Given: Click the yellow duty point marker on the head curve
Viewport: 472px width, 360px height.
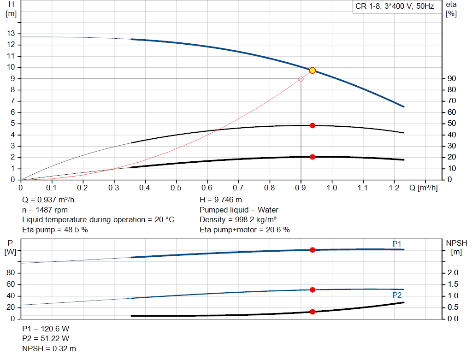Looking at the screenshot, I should [x=313, y=70].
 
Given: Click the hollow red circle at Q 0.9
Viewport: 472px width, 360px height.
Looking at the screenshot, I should [x=301, y=79].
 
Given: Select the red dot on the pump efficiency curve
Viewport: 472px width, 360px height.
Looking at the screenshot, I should [x=313, y=125].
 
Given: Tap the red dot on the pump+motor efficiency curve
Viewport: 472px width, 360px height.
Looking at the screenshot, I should [x=313, y=157].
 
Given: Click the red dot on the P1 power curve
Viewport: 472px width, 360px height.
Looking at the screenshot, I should [x=313, y=250].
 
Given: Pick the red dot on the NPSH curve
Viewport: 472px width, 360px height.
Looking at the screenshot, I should [x=313, y=312].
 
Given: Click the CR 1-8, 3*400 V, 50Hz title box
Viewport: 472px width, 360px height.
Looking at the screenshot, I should [x=395, y=7].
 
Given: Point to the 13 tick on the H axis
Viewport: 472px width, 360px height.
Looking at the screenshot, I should [x=11, y=34].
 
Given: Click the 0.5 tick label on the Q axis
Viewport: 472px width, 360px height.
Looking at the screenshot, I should [x=176, y=188].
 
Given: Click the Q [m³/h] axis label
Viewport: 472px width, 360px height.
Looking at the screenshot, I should [x=423, y=188].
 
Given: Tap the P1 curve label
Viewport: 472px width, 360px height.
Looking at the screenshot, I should [x=396, y=243].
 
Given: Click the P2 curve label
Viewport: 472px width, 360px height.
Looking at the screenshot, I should [x=396, y=295].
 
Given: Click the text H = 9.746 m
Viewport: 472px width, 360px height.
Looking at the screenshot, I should [x=221, y=200].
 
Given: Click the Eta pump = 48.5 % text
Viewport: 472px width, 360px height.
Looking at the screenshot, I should [x=55, y=230].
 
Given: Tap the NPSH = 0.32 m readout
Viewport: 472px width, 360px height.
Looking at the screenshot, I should [x=49, y=349].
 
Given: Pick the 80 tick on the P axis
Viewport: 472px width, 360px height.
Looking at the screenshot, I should [x=11, y=273].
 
